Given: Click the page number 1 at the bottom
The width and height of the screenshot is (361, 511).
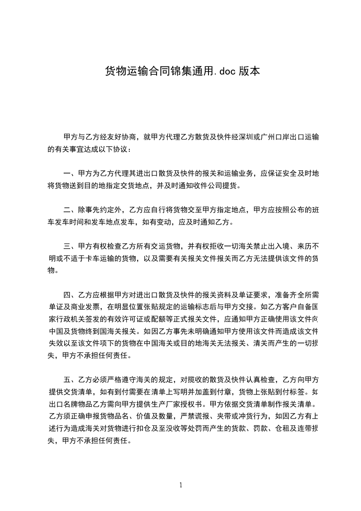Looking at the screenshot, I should pos(181,485).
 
